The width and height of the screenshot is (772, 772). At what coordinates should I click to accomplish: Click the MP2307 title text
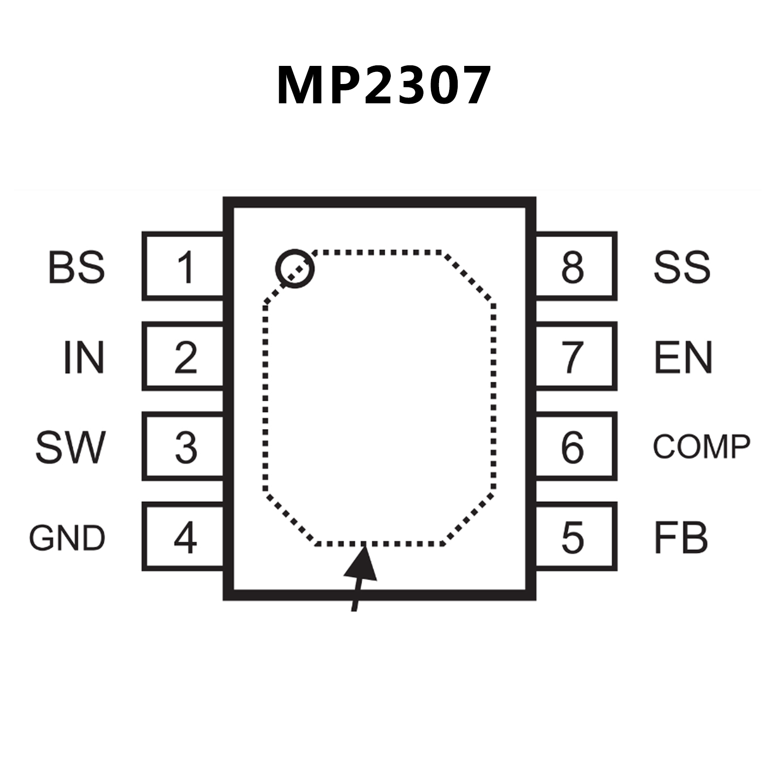[x=383, y=85]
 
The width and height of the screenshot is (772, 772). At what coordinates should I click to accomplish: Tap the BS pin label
[x=76, y=267]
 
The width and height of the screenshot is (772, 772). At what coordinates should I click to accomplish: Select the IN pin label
[x=84, y=358]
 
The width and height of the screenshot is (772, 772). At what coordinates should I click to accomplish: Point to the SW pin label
[x=70, y=447]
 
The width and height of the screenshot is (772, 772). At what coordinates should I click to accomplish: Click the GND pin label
[x=67, y=538]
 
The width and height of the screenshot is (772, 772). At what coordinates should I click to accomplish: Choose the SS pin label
[x=681, y=267]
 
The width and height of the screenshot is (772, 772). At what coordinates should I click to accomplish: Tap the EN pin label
[x=683, y=358]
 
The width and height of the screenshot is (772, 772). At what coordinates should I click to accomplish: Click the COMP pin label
[x=701, y=447]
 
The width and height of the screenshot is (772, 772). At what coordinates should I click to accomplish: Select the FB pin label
[x=680, y=538]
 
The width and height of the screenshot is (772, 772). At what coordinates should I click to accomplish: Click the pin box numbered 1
[x=184, y=267]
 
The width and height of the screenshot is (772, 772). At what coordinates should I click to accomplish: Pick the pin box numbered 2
[x=184, y=357]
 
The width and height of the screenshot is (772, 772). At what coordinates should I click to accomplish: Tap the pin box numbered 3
[x=184, y=447]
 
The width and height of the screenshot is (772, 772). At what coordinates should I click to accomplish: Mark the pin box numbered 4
[x=184, y=537]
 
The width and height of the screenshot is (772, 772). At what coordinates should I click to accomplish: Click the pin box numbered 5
[x=575, y=537]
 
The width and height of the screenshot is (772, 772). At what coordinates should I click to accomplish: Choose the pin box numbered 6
[x=575, y=447]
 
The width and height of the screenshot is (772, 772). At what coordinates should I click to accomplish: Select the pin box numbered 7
[x=575, y=357]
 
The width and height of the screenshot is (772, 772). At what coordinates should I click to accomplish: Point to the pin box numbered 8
[x=575, y=267]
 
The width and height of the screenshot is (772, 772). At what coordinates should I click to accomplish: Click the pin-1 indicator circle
[x=295, y=268]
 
